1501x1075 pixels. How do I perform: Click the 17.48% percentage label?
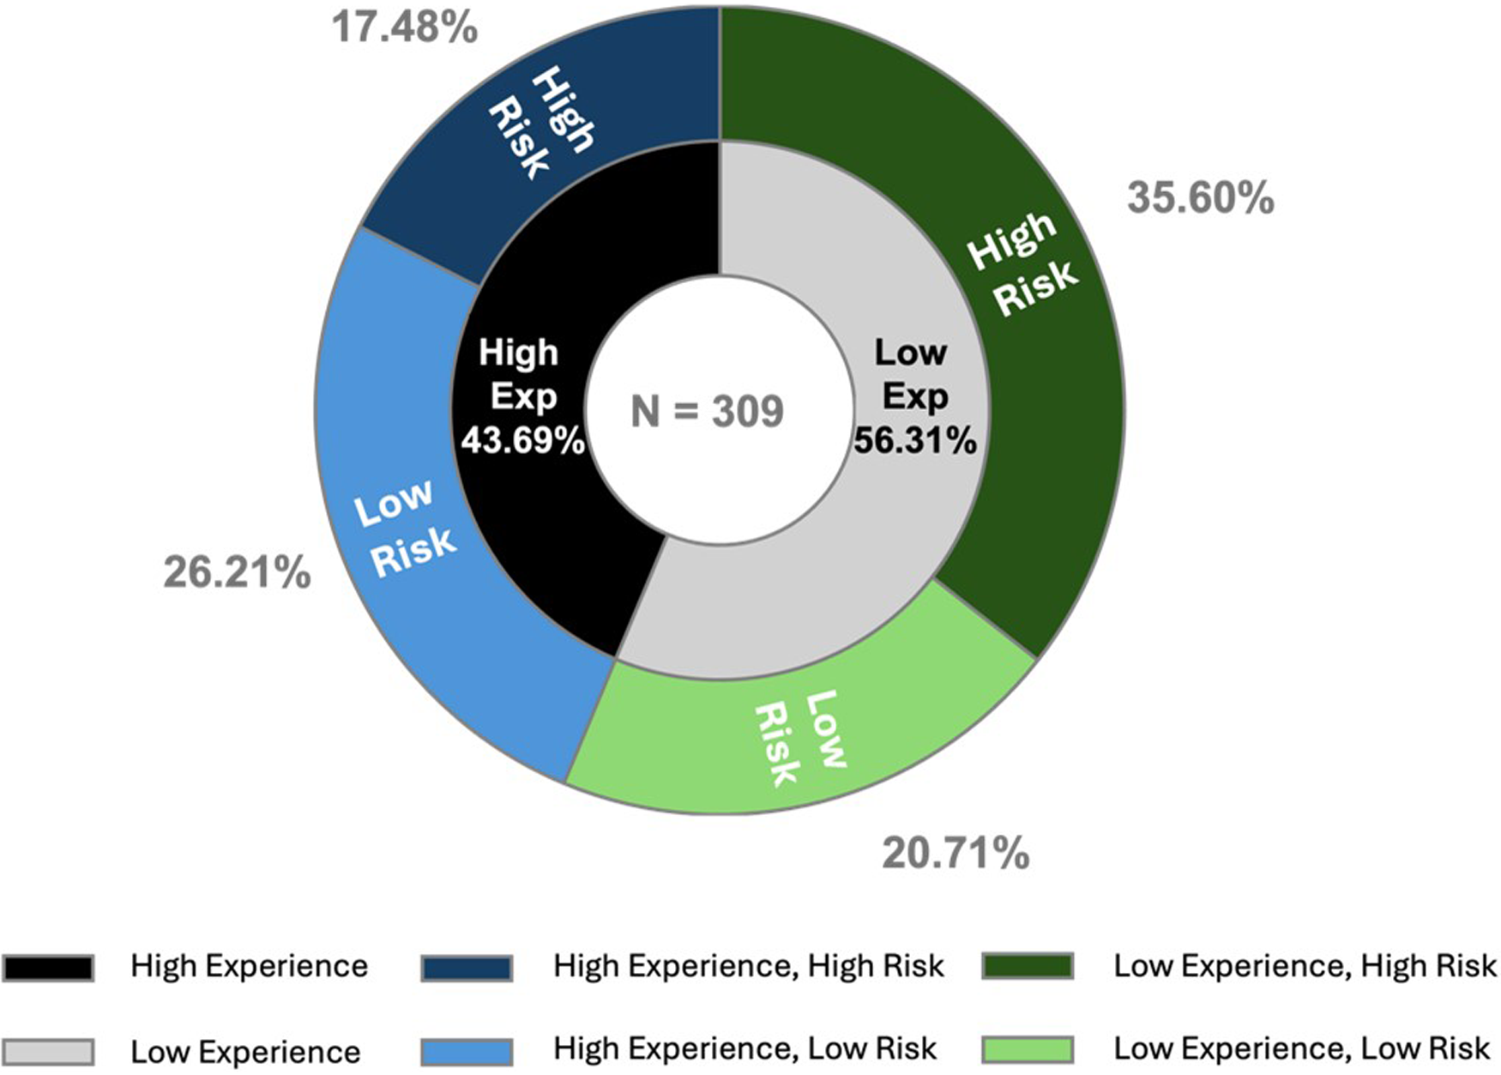coord(404,27)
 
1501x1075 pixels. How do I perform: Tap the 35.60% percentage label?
coord(1200,198)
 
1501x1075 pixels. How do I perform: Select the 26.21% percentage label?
coord(237,572)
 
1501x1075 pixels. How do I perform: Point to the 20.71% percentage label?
coord(955,854)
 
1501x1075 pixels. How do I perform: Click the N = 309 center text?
coord(708,412)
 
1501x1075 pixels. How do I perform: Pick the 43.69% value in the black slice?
coord(523,441)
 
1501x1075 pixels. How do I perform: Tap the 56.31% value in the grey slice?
coord(914,441)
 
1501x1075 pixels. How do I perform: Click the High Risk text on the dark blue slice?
coord(541,123)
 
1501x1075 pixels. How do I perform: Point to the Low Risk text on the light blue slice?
coord(404,528)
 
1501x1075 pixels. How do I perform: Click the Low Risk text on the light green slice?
coord(799,738)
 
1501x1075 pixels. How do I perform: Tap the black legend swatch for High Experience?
coord(48,967)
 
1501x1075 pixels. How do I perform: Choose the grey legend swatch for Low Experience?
coord(48,1052)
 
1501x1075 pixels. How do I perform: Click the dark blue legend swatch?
coord(467,967)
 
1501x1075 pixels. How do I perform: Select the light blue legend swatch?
coord(467,1051)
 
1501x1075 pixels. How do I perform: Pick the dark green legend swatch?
coord(1028,966)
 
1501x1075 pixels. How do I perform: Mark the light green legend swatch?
coord(1028,1050)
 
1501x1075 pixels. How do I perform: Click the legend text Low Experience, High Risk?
coord(1305,966)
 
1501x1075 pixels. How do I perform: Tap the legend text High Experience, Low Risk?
coord(744,1048)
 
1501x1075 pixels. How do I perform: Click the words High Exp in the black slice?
coord(520,374)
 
